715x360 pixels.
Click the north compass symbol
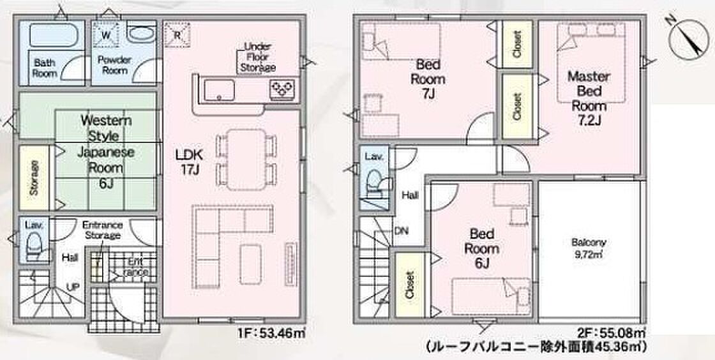click(689, 39)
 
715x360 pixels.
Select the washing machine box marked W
click(105, 34)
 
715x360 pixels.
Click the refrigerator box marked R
click(176, 34)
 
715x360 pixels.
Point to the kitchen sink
click(220, 89)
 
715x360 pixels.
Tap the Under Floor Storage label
click(259, 57)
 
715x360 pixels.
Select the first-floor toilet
click(34, 246)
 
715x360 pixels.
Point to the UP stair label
click(73, 287)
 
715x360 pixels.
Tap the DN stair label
click(402, 231)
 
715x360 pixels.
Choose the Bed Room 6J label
click(481, 248)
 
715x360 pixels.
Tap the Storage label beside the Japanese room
click(34, 177)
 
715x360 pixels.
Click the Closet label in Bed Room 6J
click(409, 285)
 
